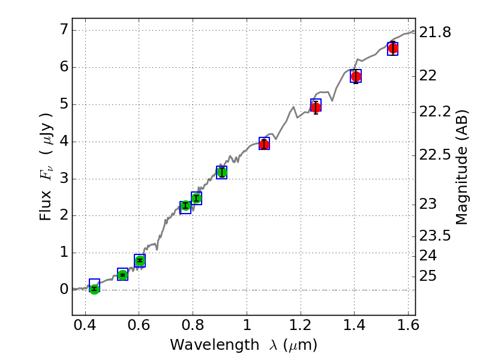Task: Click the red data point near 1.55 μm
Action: pos(393,48)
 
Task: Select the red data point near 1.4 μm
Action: pos(356,76)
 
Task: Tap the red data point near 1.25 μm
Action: pos(316,107)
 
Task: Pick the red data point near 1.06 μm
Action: pos(264,144)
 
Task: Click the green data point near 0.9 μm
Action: pos(221,173)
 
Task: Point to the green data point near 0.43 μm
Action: pos(94,289)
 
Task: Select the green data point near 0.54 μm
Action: pos(122,275)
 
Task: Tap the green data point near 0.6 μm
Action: pos(140,260)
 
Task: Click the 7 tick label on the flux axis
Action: pos(61,30)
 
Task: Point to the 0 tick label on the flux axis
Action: pos(61,290)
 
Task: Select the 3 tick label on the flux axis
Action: pos(61,179)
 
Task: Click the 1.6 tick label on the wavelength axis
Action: pos(408,328)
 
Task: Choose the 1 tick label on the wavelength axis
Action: pos(247,328)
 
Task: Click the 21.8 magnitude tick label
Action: pos(436,32)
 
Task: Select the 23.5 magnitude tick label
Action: pos(436,235)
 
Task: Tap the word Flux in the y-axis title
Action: pos(46,207)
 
